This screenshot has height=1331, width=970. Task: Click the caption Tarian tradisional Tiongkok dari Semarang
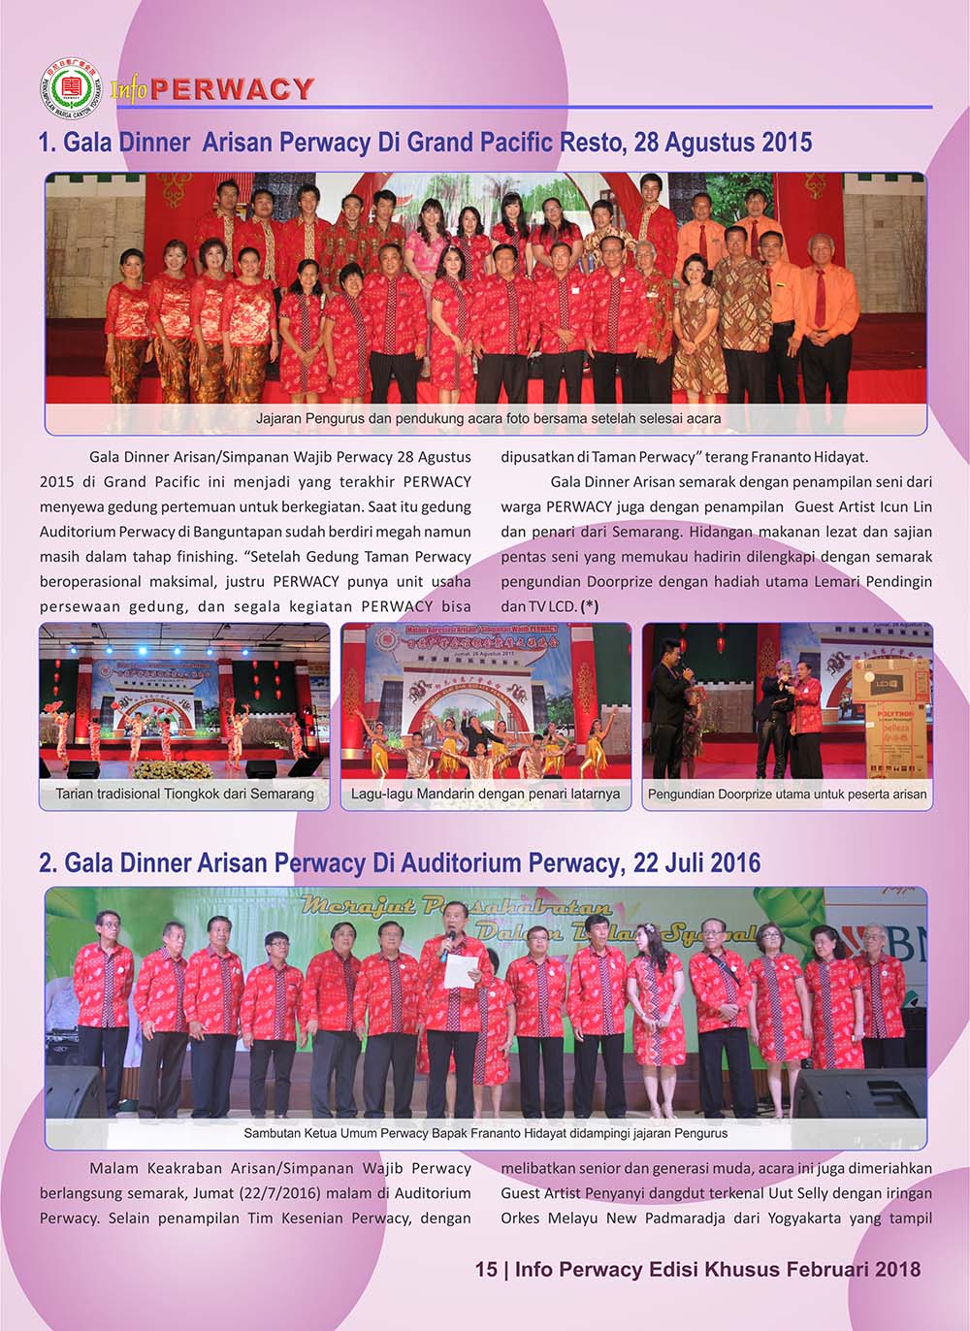point(184,794)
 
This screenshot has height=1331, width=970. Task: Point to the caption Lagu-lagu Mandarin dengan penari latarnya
point(485,794)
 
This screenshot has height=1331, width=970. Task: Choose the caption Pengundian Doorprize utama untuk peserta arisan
point(787,794)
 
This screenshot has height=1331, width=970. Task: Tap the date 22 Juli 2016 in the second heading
point(696,862)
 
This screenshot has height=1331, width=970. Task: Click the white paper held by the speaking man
point(461,970)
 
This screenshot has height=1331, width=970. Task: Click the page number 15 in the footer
point(486,1269)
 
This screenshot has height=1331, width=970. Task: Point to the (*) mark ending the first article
point(589,606)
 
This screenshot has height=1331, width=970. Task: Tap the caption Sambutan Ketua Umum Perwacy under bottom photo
point(485,1132)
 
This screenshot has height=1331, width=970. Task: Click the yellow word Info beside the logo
point(128,90)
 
